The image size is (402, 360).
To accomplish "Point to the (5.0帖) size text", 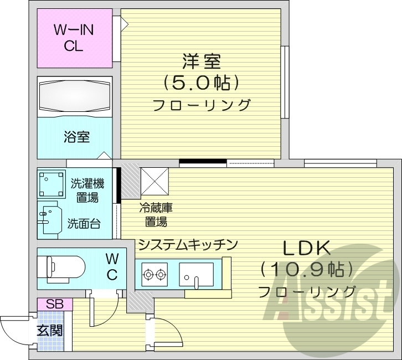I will tap(202, 83).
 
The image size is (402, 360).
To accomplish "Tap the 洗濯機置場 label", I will tap(87, 190).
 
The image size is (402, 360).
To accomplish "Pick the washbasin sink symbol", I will tap(50, 221).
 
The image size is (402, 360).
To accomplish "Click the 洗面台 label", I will tap(84, 224).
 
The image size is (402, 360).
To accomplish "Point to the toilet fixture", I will tap(61, 267).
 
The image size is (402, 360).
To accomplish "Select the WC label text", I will tap(112, 266).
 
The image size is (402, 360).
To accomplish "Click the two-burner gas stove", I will tap(154, 273).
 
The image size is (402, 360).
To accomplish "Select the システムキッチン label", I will tap(188, 244).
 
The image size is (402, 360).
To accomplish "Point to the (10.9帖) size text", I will tap(307, 269).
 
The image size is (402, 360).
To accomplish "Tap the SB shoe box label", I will tap(54, 304).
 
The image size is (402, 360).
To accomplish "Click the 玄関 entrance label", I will tap(50, 331).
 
